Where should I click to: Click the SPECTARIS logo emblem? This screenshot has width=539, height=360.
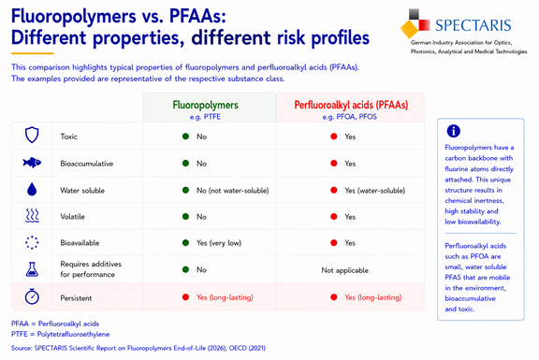pos(415,23)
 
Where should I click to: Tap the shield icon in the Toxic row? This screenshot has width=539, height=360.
pos(32,135)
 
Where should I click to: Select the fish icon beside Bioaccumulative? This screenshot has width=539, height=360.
pos(32,163)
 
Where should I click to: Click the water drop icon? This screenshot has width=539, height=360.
pos(32,189)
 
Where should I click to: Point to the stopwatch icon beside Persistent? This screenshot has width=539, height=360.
pos(32,296)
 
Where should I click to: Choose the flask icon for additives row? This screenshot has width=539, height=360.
pos(32,269)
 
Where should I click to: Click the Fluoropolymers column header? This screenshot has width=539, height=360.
pos(205,105)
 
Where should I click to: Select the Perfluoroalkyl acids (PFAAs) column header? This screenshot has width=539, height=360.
pos(351,105)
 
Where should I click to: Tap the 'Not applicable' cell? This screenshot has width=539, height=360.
pos(344,270)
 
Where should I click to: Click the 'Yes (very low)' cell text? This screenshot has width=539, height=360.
pos(219,243)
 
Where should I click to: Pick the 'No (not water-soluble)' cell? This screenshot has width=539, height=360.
pos(233,191)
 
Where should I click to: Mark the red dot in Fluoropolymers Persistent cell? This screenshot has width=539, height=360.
pos(185,297)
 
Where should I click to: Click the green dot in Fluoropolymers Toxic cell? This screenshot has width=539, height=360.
pos(185,137)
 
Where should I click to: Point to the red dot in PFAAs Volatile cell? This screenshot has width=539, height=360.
pos(334,216)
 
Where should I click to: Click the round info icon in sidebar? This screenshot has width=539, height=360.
pos(454,131)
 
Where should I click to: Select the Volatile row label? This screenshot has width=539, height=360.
pos(72,217)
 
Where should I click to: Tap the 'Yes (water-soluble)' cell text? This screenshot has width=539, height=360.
pos(375,191)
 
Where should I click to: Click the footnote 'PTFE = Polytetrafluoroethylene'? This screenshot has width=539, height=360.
pos(60,334)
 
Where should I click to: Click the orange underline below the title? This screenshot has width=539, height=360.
pos(33,53)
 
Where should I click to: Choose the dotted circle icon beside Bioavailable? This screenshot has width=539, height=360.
pos(32,242)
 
